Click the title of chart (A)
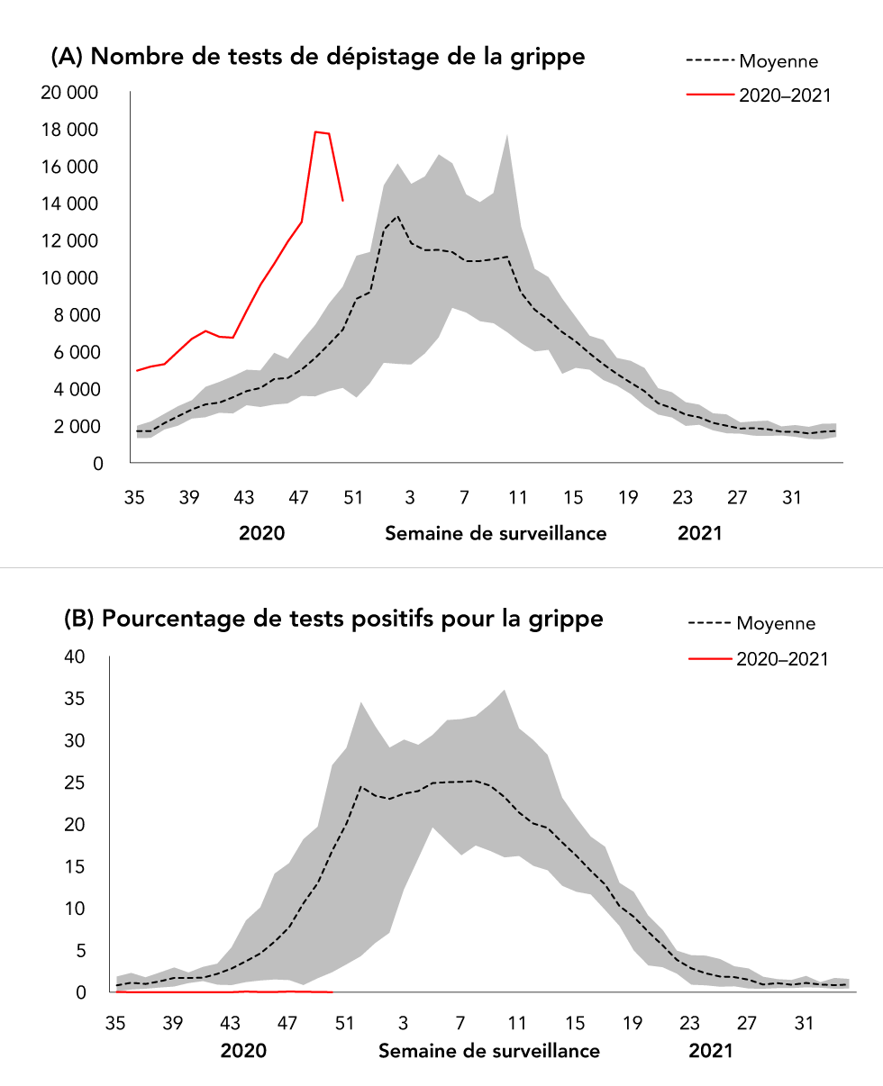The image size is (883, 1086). coord(317,58)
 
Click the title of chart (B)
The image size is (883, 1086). coord(332,620)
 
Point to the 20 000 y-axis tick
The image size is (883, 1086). coord(70,93)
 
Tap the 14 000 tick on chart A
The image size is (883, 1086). coord(70,204)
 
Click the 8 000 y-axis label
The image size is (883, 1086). coord(75,315)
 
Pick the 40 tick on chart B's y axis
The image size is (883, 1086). coord(75,657)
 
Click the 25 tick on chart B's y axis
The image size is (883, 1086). coord(75,783)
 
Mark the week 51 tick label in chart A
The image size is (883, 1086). coord(352,498)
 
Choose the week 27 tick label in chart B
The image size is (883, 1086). coord(747,1023)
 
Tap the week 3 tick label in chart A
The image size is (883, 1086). coord(410,498)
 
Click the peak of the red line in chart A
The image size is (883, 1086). coord(315,131)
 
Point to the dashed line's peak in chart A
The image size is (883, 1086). coord(397,216)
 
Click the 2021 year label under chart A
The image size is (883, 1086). coord(699,533)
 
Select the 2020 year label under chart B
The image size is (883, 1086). coord(243,1051)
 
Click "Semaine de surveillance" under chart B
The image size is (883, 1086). coord(488,1051)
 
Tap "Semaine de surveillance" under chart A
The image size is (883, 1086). coord(496,533)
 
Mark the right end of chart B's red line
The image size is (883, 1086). coord(332,991)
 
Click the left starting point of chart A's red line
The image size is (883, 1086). coord(137,370)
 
